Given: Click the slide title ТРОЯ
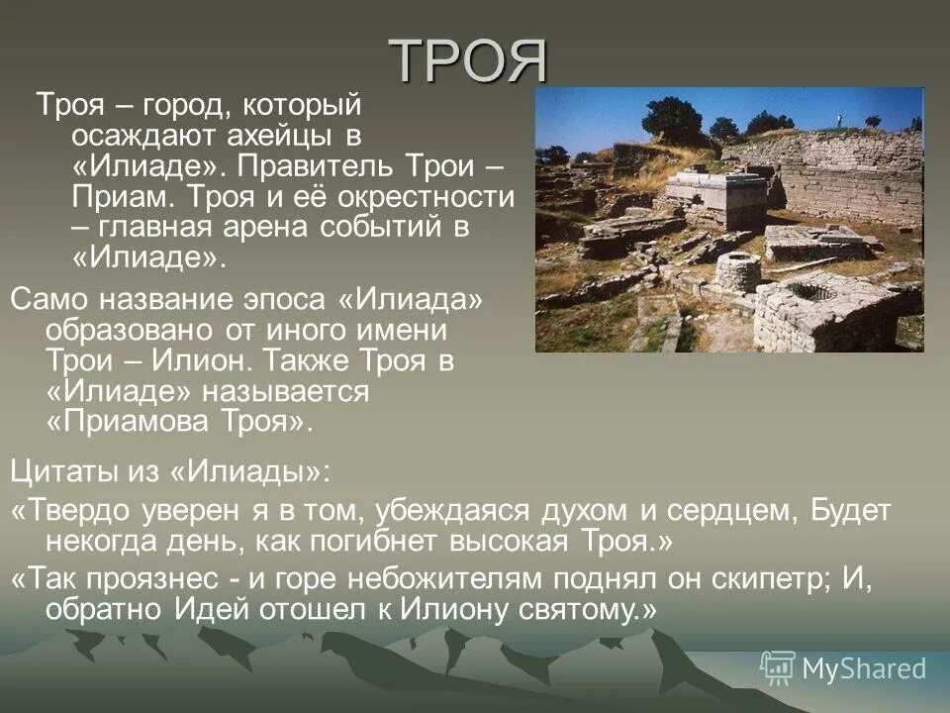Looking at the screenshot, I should pos(468,60).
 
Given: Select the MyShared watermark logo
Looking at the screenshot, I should pos(844,667).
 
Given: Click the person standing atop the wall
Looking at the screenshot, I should pos(840,120).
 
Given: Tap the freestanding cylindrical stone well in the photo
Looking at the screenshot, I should pos(738,271).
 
